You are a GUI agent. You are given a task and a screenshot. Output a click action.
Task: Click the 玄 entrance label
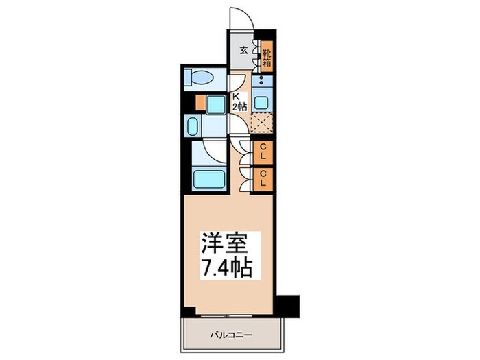point(243,50)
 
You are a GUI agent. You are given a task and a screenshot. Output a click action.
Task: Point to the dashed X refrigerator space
point(262,123)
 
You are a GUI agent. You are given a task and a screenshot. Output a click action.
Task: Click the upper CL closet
point(263,151)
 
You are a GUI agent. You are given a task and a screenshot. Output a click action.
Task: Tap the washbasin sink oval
point(191,127)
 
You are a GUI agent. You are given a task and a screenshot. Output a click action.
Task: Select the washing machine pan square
point(217,104)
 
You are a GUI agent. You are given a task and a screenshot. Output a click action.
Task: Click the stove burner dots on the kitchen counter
point(263,80)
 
